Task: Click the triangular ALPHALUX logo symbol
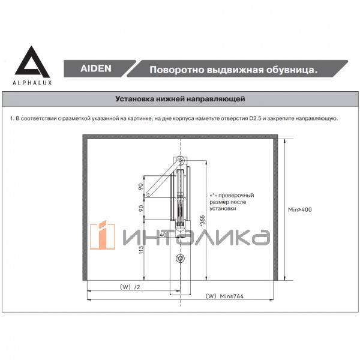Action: coord(29,61)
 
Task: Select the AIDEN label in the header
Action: coord(95,69)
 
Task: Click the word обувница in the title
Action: coord(286,70)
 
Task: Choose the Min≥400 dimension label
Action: coord(300,209)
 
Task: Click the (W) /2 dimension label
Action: coord(130,287)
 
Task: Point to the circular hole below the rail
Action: coord(181,259)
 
